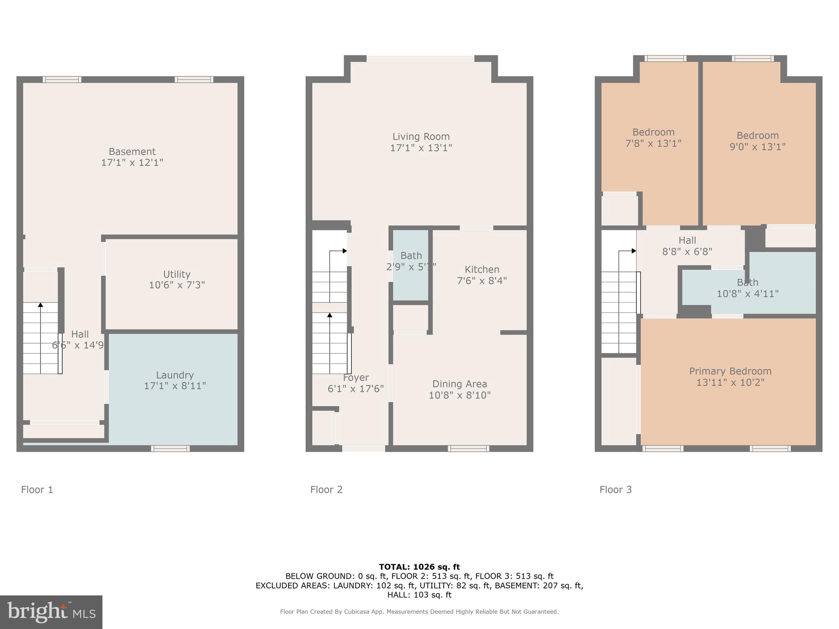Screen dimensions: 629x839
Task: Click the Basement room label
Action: click(x=132, y=152)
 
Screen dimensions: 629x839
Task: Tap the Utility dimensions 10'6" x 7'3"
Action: click(x=177, y=285)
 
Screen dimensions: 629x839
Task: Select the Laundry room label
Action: click(x=175, y=375)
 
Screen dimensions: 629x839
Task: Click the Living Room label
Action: click(x=421, y=137)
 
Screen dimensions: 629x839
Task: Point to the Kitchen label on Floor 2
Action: click(x=482, y=269)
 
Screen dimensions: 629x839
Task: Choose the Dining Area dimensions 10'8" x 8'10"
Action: click(x=460, y=395)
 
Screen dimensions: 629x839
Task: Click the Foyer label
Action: click(x=356, y=378)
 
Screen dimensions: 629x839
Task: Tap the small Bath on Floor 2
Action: click(x=411, y=261)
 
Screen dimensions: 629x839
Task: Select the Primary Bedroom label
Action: click(x=730, y=371)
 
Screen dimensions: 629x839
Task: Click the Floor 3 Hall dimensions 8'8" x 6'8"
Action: click(x=687, y=251)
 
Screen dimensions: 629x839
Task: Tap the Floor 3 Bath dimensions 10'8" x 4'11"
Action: click(x=747, y=294)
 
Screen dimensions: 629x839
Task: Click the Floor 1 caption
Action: click(x=37, y=490)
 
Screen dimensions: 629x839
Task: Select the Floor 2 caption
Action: click(x=326, y=490)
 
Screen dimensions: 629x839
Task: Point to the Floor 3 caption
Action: click(x=615, y=490)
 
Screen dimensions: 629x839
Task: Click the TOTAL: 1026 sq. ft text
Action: click(x=419, y=567)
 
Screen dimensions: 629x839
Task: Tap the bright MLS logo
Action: click(x=51, y=612)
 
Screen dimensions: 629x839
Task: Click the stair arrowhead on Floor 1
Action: click(x=41, y=305)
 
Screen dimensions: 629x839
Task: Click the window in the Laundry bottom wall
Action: click(x=170, y=449)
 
